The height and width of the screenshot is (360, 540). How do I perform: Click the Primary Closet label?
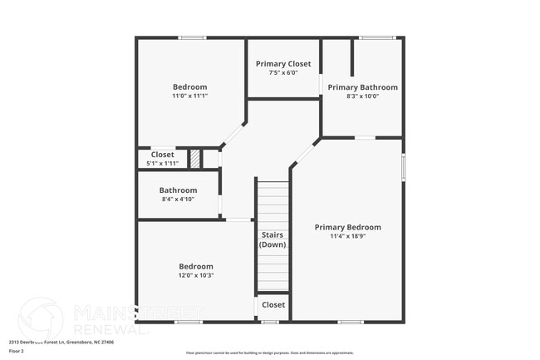tap(283, 64)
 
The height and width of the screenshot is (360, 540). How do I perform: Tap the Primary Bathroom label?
tap(362, 87)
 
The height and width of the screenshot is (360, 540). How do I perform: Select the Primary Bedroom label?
tap(347, 227)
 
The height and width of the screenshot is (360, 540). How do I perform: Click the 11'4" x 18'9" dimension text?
tap(347, 236)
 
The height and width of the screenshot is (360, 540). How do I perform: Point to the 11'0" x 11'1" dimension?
tap(190, 96)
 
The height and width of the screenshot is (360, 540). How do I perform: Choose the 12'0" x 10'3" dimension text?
tap(196, 275)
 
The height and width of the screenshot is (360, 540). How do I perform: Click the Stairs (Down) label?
tap(272, 239)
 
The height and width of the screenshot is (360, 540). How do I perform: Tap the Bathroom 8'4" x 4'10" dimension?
tap(178, 200)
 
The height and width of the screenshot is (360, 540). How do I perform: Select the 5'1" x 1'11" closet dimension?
tap(162, 163)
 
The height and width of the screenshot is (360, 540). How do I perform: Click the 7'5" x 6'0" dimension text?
tap(283, 73)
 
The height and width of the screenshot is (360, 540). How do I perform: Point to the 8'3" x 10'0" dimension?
tap(362, 96)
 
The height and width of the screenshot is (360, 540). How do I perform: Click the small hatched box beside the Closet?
tap(194, 159)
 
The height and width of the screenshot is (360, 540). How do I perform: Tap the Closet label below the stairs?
tap(273, 305)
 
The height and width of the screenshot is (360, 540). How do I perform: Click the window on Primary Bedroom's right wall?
tap(403, 166)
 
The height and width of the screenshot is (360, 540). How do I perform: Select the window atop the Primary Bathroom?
tap(377, 37)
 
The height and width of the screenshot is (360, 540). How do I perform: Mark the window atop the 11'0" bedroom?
tap(192, 37)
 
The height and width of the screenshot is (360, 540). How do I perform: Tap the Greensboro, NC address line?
tap(61, 342)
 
